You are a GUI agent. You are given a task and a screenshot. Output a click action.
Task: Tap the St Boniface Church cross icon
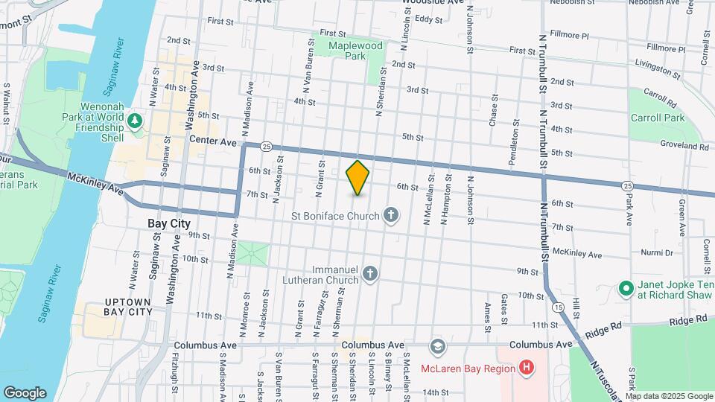pyautogui.click(x=391, y=216)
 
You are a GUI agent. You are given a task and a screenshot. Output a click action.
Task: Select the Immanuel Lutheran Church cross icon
pyautogui.click(x=369, y=275)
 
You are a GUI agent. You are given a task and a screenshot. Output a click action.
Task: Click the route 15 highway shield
pyautogui.click(x=558, y=306)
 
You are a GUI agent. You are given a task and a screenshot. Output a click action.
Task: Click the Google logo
pyautogui.click(x=25, y=392)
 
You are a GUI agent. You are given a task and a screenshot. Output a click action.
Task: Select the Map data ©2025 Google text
pyautogui.click(x=670, y=395)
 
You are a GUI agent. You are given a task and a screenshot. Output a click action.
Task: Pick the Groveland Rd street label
pyautogui.click(x=682, y=147)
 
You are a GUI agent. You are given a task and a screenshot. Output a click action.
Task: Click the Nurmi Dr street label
pyautogui.click(x=658, y=252)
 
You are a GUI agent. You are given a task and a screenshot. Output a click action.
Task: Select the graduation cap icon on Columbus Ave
pyautogui.click(x=436, y=346)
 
